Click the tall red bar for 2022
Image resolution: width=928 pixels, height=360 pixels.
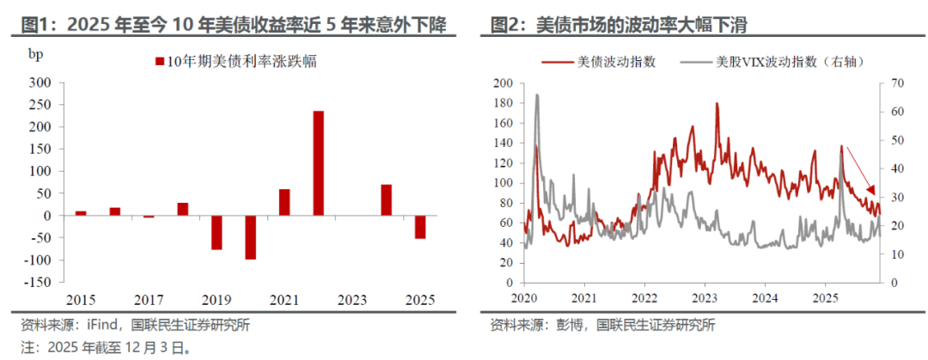point(318,163)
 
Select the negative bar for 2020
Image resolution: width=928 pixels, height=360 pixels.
point(250,237)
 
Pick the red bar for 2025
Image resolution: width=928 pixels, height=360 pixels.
point(420,227)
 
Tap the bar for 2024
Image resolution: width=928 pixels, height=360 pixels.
point(387,200)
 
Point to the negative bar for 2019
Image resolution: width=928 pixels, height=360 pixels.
point(217,233)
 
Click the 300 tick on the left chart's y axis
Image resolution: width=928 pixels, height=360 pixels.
point(40,82)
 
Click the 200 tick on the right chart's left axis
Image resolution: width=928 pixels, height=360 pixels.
point(503,83)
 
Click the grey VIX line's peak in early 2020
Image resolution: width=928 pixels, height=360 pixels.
point(537,95)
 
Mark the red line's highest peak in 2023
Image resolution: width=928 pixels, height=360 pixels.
point(717,104)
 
